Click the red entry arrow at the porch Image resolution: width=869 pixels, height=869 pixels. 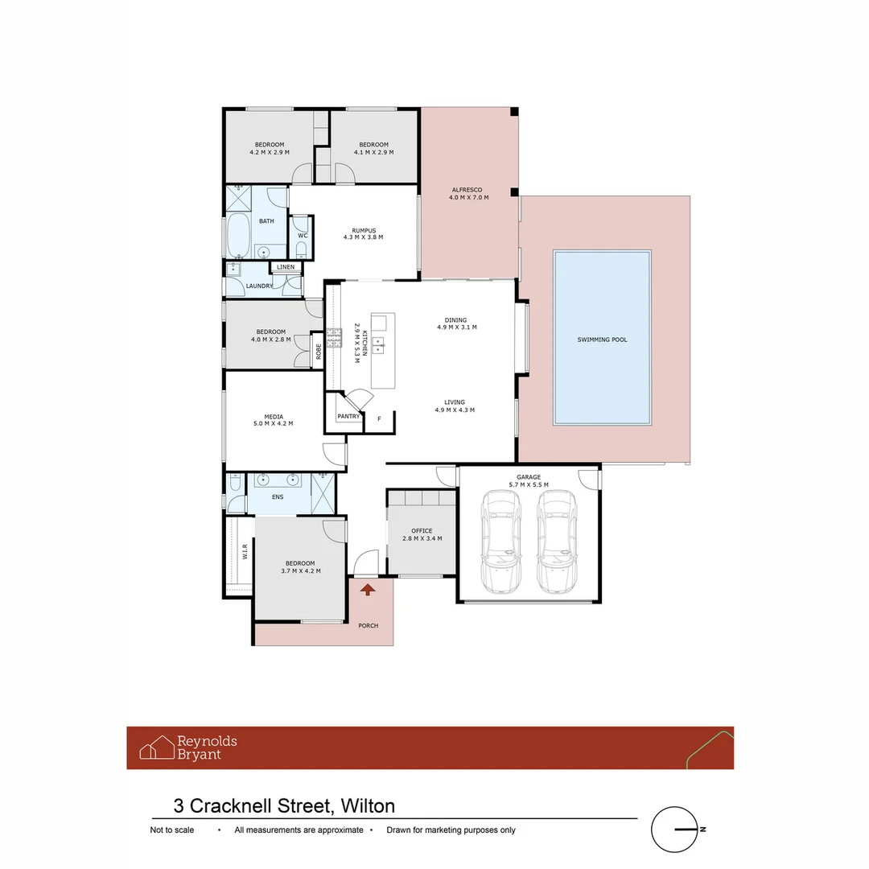368,591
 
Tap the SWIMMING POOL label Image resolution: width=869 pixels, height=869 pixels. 602,340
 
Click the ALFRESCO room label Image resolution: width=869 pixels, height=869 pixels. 466,190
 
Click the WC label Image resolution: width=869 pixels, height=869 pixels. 302,236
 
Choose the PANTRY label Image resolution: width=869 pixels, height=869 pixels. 348,416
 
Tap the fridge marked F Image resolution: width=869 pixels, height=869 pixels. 379,419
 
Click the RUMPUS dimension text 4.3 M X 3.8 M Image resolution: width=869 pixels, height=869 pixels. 363,237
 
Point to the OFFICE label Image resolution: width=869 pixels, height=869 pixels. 422,531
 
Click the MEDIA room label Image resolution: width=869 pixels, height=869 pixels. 274,417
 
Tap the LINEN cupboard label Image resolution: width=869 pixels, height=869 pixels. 286,267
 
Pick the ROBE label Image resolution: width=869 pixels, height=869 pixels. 319,351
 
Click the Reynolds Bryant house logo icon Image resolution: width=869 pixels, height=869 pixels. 157,748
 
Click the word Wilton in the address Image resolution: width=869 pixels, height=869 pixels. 368,805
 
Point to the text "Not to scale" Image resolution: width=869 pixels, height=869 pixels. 172,830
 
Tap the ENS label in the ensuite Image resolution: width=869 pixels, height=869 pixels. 278,497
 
